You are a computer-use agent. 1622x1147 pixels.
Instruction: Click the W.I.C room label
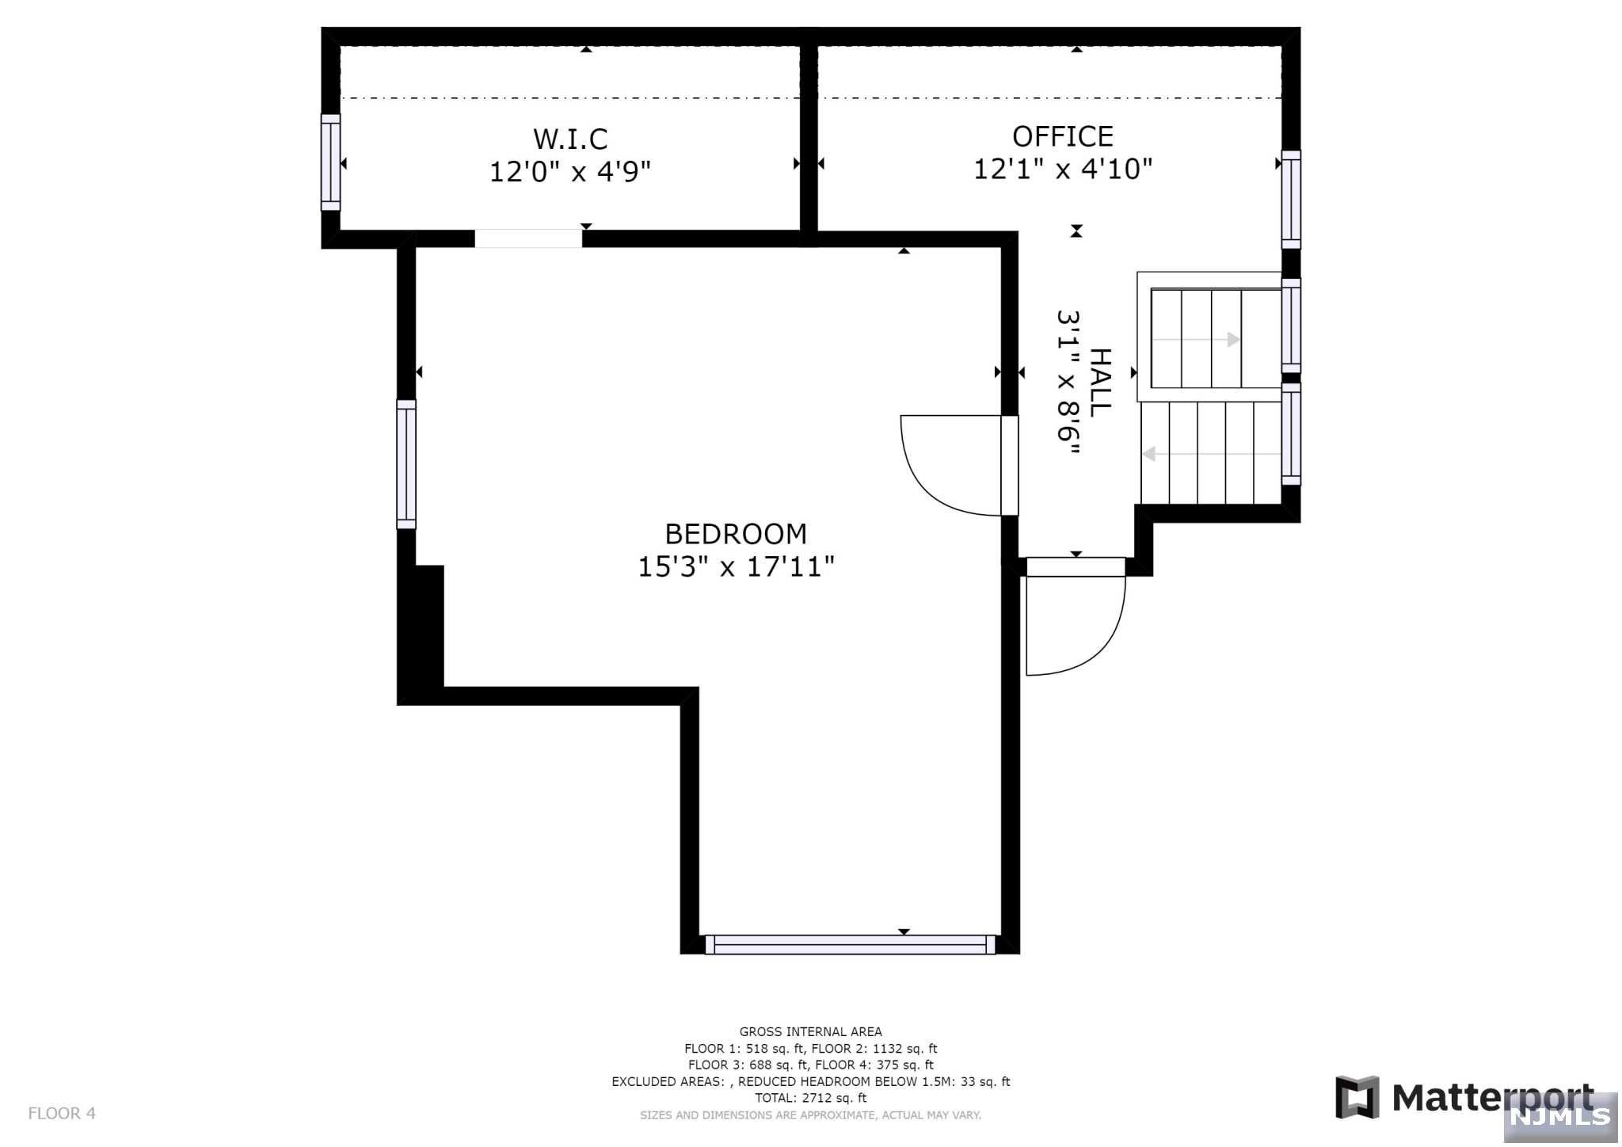click(x=570, y=139)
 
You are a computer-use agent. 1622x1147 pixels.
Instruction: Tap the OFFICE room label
click(x=1062, y=137)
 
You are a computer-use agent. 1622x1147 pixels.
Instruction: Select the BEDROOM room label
click(x=735, y=534)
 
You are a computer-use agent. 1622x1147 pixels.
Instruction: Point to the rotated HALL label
click(x=1100, y=383)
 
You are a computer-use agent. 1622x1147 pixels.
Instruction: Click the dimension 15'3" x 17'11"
click(x=735, y=567)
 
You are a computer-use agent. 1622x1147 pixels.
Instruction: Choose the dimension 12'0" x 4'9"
click(x=570, y=172)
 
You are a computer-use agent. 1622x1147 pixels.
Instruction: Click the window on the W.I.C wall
click(x=330, y=162)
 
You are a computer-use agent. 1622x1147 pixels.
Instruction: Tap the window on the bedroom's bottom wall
click(x=850, y=944)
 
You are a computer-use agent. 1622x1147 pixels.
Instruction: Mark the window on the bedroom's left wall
click(x=406, y=464)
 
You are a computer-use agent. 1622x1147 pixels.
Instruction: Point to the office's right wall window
click(x=1291, y=200)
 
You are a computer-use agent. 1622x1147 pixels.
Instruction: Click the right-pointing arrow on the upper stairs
click(x=1232, y=340)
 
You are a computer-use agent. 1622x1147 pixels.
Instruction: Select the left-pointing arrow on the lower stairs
click(x=1149, y=454)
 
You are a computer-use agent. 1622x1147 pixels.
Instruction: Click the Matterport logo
click(x=1464, y=1098)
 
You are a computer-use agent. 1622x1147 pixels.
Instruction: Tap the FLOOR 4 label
click(x=62, y=1113)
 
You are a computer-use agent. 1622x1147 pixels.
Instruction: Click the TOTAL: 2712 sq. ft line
click(x=810, y=1098)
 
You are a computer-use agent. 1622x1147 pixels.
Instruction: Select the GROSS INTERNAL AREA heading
click(x=810, y=1031)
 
